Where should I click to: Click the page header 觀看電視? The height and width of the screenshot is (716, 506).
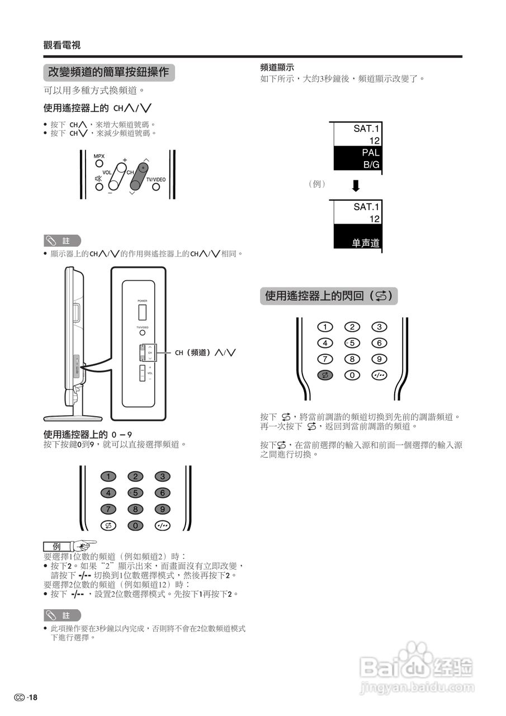point(62,46)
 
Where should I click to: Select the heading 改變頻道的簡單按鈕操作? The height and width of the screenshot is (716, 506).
point(108,73)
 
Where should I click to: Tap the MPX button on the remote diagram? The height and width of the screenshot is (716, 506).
point(99,164)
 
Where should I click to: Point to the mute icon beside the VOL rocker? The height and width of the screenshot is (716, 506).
point(98,179)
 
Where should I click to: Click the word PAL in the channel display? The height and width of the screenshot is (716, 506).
point(370,152)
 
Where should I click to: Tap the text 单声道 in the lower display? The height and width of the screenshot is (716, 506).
point(366,243)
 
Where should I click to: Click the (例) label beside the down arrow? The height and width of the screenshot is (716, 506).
point(316,183)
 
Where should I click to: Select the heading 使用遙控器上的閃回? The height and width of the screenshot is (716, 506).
point(329,296)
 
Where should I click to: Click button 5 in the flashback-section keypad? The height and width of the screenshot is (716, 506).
point(352,343)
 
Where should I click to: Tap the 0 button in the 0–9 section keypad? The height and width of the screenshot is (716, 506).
point(135,525)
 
